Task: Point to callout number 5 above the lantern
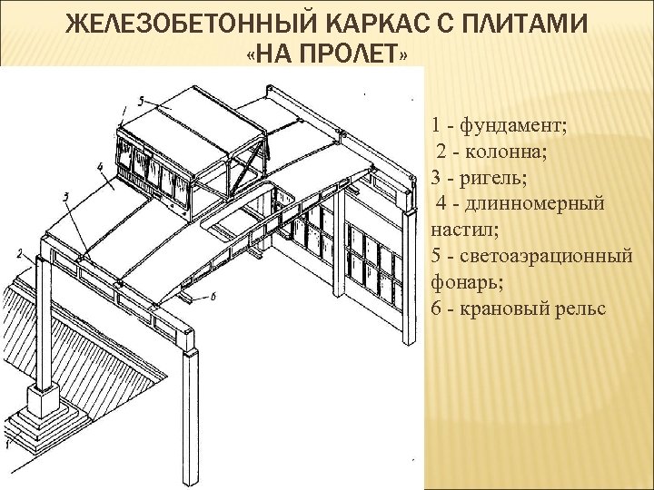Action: click(142, 99)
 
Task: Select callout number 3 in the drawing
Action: click(65, 196)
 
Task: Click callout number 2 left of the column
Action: click(19, 253)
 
